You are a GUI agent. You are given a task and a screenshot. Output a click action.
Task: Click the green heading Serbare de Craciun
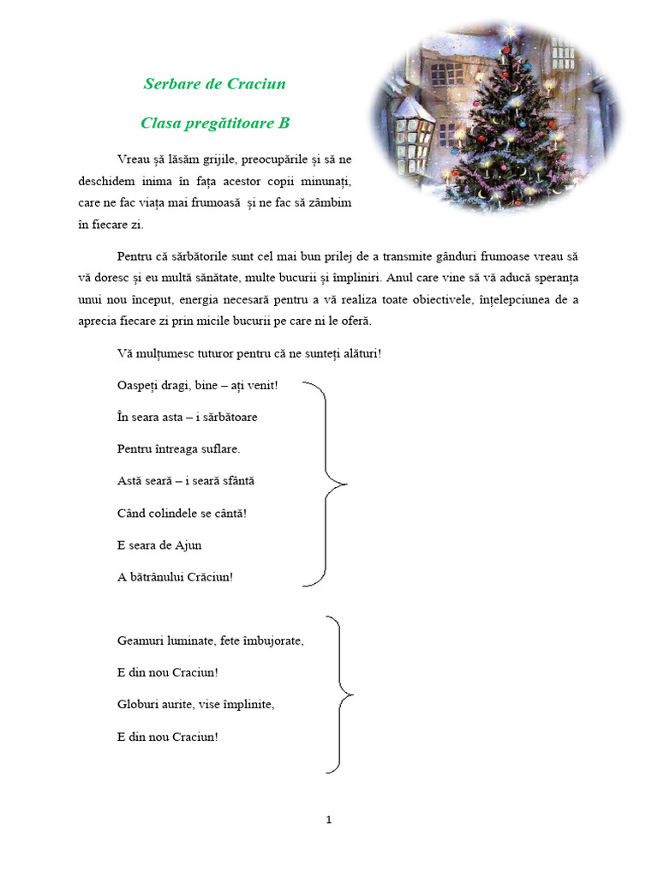pos(214,84)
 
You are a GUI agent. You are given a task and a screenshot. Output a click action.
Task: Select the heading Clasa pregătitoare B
pos(215,123)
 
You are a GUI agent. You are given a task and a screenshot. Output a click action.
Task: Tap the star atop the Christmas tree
pos(511,32)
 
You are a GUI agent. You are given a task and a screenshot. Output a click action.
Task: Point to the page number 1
pos(329,821)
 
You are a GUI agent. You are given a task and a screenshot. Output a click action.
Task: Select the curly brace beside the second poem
pos(342,693)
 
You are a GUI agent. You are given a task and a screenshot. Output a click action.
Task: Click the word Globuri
pos(138,705)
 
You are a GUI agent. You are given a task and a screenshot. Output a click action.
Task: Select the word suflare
pos(218,449)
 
